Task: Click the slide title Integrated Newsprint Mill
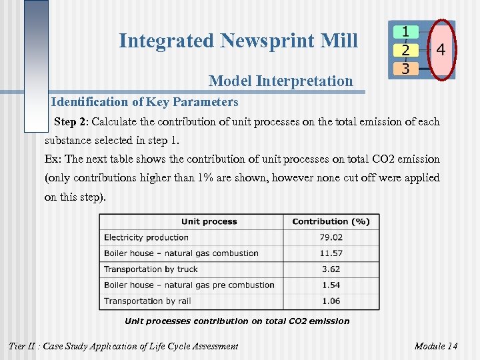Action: pos(238,41)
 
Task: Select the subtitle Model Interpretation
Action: pos(281,81)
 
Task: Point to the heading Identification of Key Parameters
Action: pos(144,102)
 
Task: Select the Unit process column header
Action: pos(209,221)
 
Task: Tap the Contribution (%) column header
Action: pos(331,221)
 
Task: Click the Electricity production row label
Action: pos(146,237)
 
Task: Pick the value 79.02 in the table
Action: pos(331,237)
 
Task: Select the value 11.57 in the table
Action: pos(331,253)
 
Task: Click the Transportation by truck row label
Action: pos(151,269)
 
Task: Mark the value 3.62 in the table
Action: pos(331,269)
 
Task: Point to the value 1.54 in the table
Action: pos(331,285)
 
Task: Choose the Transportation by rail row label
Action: pos(147,301)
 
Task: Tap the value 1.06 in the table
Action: pos(331,301)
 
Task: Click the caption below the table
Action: pos(237,321)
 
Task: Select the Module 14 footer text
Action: pos(435,346)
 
